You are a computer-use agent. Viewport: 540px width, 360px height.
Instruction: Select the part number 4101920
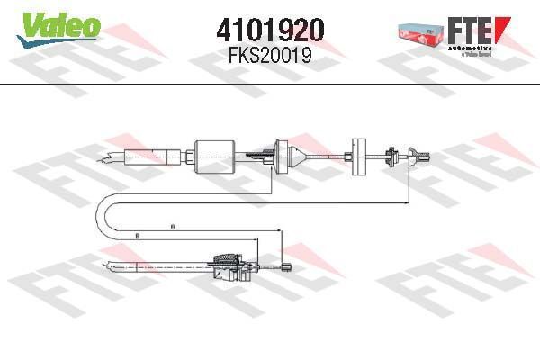[x=270, y=31]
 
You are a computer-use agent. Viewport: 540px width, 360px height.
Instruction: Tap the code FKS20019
[x=270, y=55]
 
